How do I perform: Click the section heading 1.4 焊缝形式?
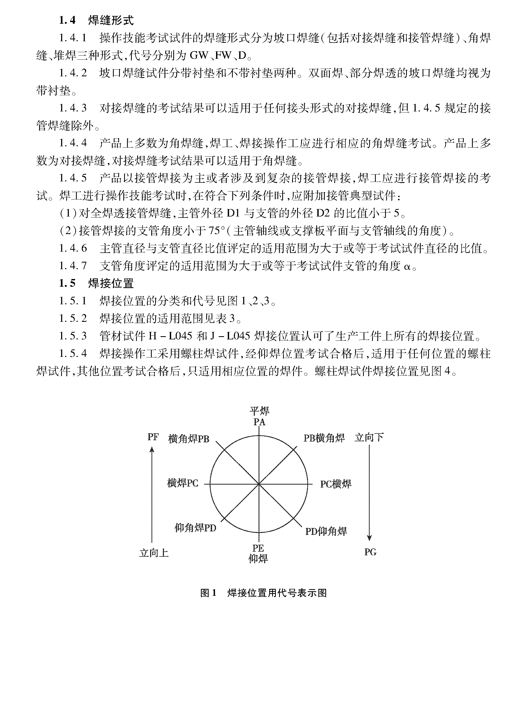96,21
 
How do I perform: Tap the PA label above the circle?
259,422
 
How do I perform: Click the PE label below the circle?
258,548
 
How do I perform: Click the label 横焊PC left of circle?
183,483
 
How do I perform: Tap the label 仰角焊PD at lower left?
195,528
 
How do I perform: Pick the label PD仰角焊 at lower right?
326,531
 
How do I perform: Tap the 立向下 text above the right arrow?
369,437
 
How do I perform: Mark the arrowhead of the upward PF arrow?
152,450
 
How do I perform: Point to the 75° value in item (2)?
217,231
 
